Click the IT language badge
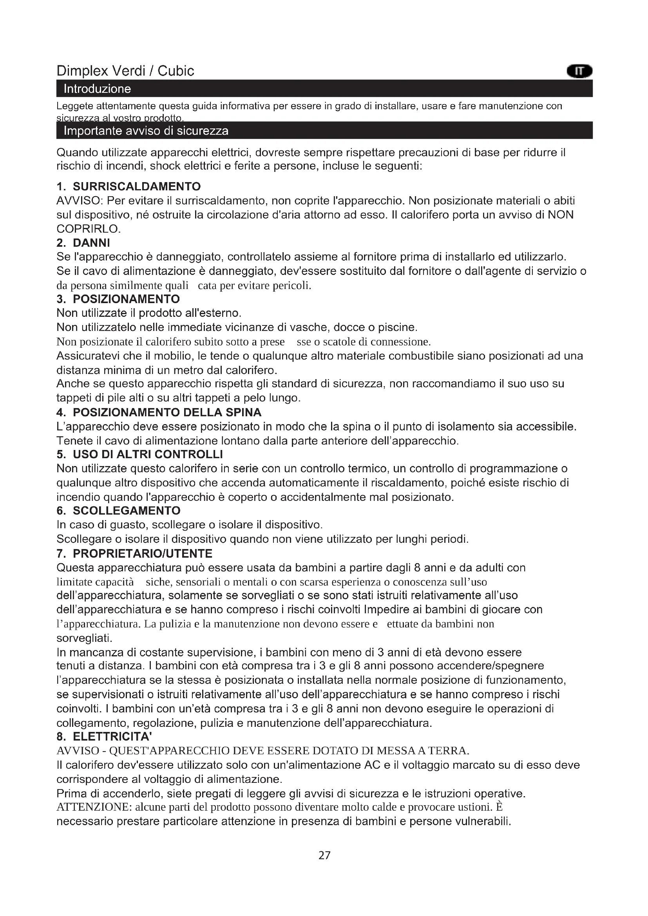pos(579,71)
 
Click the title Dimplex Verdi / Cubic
pos(125,71)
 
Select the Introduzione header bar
pos(324,89)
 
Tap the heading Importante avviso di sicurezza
pos(146,131)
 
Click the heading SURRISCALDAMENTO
pos(136,186)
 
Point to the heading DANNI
pos(91,242)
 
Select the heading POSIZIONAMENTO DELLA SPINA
pos(167,412)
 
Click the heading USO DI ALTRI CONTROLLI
pos(148,454)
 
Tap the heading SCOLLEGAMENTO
pos(127,511)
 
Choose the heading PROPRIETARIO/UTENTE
pos(143,553)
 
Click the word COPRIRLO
pos(88,229)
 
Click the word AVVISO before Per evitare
pos(80,201)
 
